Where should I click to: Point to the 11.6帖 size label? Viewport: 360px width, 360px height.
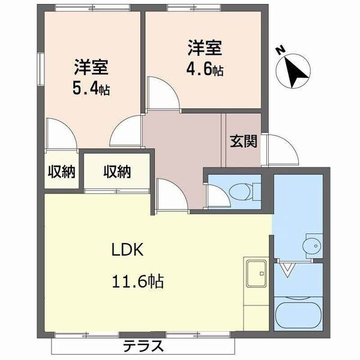coord(137,280)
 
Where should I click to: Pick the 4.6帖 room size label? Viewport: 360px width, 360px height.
coord(204,70)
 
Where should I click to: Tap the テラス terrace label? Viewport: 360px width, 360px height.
coord(143,346)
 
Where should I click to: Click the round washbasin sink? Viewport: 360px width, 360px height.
coord(313,245)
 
